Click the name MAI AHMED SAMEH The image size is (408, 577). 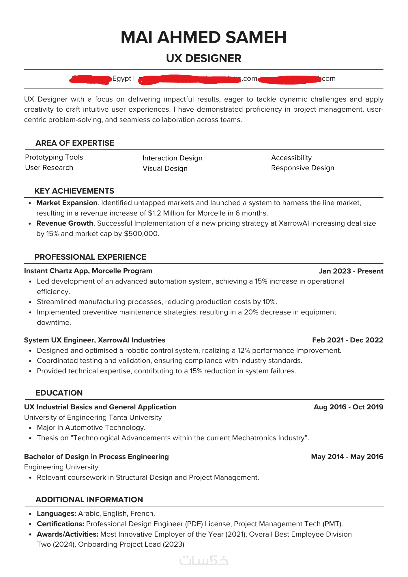tap(204, 38)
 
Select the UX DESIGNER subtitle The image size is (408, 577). tap(204, 59)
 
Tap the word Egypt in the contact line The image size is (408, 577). tap(122, 78)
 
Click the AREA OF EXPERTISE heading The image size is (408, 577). tap(75, 143)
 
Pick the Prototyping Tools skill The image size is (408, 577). tap(54, 157)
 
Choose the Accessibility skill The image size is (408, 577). tap(291, 158)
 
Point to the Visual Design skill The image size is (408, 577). tap(165, 168)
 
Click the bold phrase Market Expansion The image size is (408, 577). tap(67, 203)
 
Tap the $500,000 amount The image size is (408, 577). tap(141, 234)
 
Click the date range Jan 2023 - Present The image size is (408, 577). tap(351, 271)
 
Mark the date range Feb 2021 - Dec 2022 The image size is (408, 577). tap(348, 340)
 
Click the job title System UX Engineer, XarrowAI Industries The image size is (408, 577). tap(95, 340)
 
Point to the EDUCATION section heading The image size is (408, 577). tap(59, 393)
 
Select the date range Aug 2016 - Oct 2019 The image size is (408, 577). tap(349, 407)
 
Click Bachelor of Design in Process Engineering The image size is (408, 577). tap(96, 457)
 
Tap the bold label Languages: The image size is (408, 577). tap(56, 514)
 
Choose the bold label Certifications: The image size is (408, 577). tap(60, 524)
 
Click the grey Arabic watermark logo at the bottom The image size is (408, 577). tap(204, 560)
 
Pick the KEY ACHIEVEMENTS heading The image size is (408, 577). tap(74, 191)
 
